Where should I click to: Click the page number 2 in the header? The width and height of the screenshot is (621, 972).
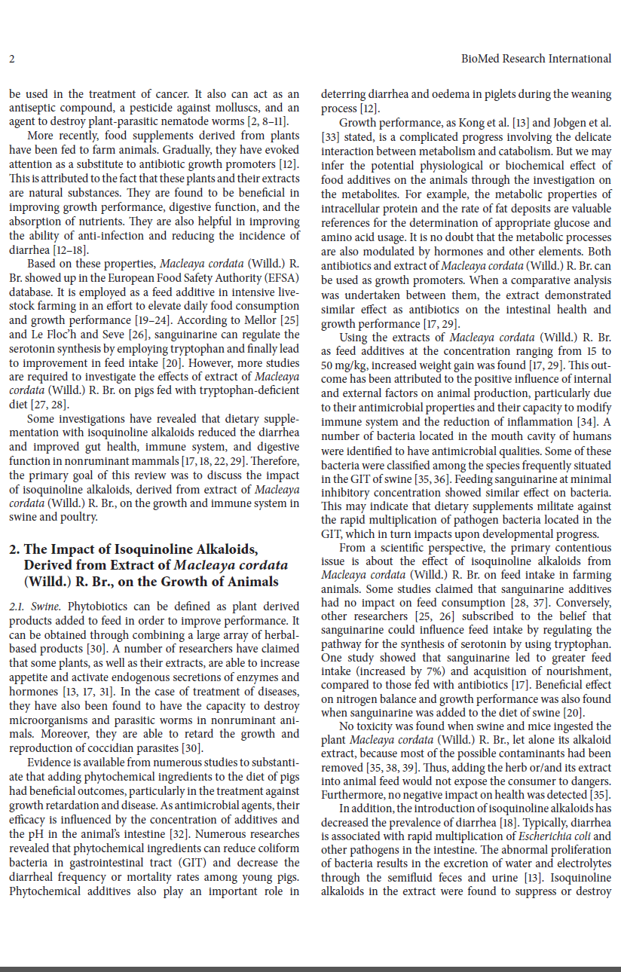(13, 59)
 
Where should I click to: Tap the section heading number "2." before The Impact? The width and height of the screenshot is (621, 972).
(14, 549)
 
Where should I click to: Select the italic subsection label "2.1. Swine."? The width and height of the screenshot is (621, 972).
(36, 607)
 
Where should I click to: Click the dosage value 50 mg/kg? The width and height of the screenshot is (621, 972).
(341, 365)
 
